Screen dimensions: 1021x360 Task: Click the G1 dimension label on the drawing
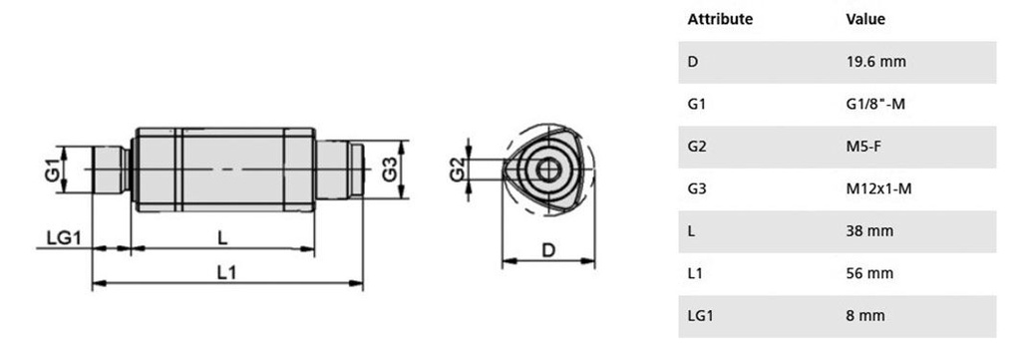point(53,170)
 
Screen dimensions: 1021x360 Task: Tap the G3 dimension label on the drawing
point(390,170)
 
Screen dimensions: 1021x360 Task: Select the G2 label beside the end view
point(458,170)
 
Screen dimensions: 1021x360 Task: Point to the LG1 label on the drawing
point(64,238)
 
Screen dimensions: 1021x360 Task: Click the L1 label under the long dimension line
point(226,272)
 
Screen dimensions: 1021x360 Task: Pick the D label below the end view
point(549,250)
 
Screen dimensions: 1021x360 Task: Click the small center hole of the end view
point(549,170)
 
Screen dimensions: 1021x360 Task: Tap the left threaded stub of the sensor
point(111,170)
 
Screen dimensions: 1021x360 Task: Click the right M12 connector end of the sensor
point(339,170)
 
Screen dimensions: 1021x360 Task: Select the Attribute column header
point(720,19)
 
